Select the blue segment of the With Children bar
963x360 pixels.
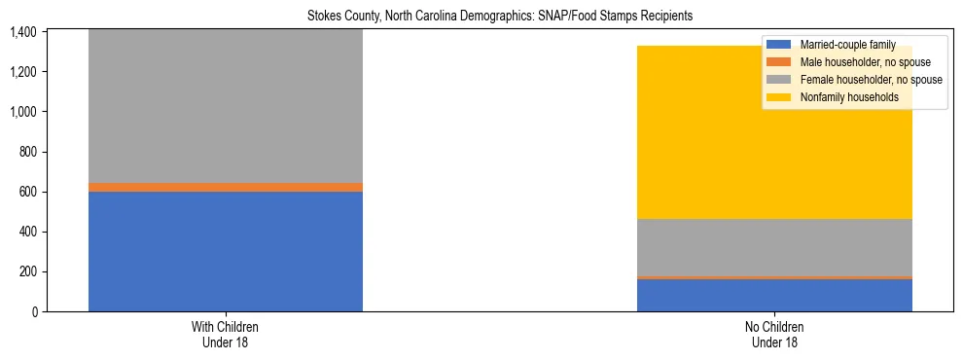(x=226, y=251)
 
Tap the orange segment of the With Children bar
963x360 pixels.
(x=226, y=187)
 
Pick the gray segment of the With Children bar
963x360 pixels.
(x=226, y=107)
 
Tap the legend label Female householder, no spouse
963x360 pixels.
(x=870, y=80)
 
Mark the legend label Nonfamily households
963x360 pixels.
(x=848, y=97)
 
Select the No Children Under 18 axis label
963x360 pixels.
(x=774, y=335)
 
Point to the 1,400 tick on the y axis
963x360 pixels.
(x=23, y=32)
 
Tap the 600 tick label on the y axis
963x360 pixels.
(x=27, y=192)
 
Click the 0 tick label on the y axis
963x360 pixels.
(x=34, y=311)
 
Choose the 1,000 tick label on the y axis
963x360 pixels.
(x=23, y=112)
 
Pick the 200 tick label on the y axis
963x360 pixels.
(x=27, y=271)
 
